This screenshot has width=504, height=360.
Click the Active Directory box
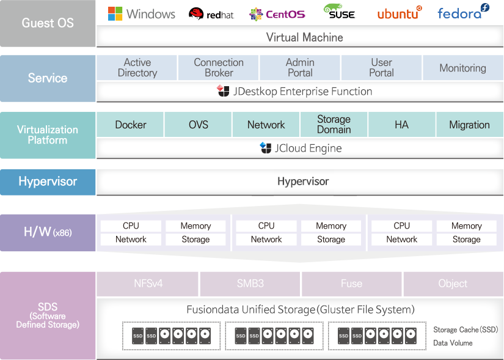click(137, 68)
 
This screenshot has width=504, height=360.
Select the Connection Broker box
click(219, 68)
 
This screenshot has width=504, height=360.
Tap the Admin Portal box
click(300, 68)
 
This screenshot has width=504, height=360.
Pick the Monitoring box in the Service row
click(463, 68)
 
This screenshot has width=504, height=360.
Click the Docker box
click(130, 125)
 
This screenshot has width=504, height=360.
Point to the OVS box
click(198, 125)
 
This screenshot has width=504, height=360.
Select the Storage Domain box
click(334, 125)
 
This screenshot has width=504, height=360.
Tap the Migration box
click(470, 125)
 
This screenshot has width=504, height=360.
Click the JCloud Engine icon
click(266, 148)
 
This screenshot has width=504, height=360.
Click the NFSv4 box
click(148, 284)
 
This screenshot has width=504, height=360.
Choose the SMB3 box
click(250, 284)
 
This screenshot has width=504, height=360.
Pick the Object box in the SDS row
click(453, 284)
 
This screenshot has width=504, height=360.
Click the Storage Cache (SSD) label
click(466, 330)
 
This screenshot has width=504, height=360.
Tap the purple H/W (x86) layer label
click(48, 233)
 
